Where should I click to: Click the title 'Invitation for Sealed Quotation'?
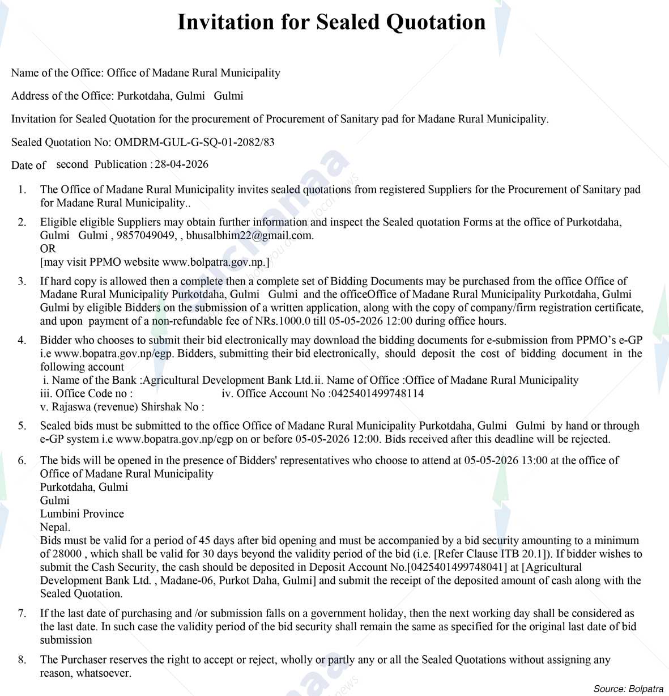(331, 22)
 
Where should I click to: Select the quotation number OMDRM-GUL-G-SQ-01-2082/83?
(194, 142)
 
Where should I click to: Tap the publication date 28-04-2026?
(181, 164)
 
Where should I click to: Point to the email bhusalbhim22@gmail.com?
(249, 235)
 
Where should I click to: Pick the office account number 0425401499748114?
(376, 393)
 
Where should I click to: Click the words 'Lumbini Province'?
(82, 513)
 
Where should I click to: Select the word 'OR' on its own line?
(48, 248)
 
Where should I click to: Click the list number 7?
(22, 613)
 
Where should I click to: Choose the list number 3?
(22, 281)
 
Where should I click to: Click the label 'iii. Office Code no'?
(86, 393)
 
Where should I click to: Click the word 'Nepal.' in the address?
(55, 527)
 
